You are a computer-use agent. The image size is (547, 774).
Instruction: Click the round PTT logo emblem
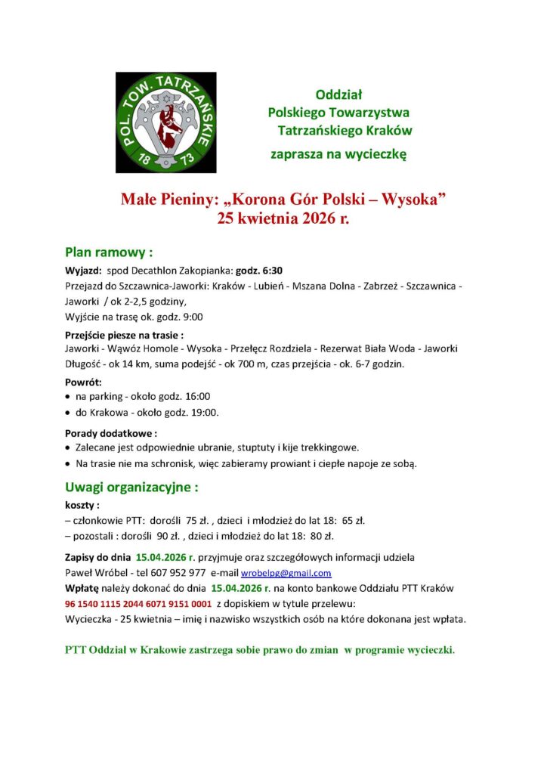pos(166,122)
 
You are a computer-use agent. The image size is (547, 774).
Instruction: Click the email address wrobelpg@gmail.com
pos(286,573)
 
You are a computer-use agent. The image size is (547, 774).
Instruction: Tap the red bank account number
pos(138,604)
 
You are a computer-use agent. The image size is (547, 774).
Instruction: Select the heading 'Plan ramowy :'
pos(110,252)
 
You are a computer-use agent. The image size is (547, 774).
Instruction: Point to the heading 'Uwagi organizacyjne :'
pos(131,488)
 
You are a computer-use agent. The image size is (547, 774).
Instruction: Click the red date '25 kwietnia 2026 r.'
pos(283,220)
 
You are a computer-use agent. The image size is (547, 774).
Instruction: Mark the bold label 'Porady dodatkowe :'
pos(111,434)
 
